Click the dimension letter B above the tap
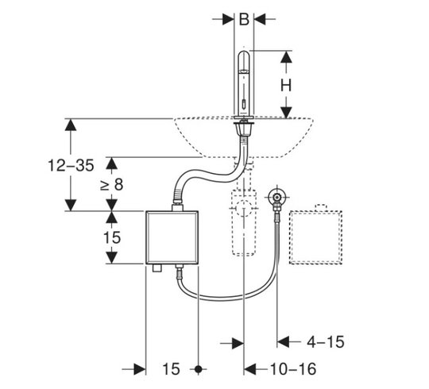point(244,19)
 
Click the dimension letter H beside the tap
point(286,86)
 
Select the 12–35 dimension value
point(71,166)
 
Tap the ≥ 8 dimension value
point(112,184)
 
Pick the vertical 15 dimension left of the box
point(112,237)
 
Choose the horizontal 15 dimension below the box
point(171,369)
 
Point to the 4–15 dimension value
point(325,342)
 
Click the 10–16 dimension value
point(293,369)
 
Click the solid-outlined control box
point(172,237)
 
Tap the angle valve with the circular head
point(277,197)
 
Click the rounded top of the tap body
point(244,53)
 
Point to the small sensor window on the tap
point(243,105)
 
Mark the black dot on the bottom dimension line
point(199,370)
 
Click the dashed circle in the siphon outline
point(244,208)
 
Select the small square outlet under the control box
point(157,268)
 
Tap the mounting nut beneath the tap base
point(243,129)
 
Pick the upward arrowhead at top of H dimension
point(287,56)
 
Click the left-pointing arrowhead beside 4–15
point(283,342)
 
